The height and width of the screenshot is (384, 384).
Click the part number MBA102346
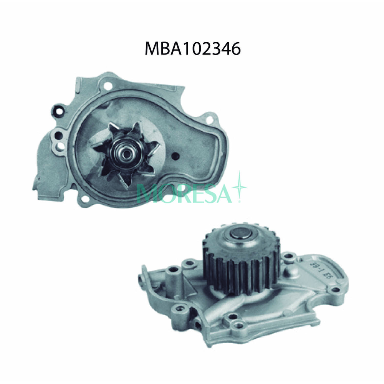(x=192, y=49)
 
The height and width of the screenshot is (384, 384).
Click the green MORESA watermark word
(x=184, y=193)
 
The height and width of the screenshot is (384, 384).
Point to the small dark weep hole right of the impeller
(x=176, y=156)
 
